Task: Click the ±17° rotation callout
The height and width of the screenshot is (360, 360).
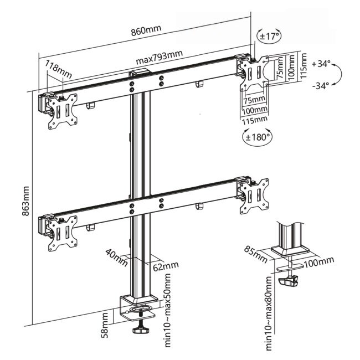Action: (270, 37)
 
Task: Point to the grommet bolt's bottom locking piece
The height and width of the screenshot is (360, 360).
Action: (290, 281)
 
